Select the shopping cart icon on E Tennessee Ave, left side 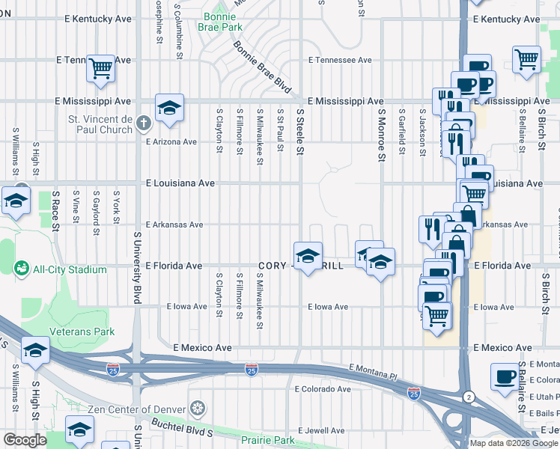(x=100, y=69)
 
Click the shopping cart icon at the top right (x=527, y=59)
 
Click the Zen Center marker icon (x=198, y=409)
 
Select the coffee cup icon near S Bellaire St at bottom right (x=505, y=376)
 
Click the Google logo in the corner (x=24, y=440)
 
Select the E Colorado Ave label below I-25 (x=323, y=389)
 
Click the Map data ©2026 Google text (x=513, y=443)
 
